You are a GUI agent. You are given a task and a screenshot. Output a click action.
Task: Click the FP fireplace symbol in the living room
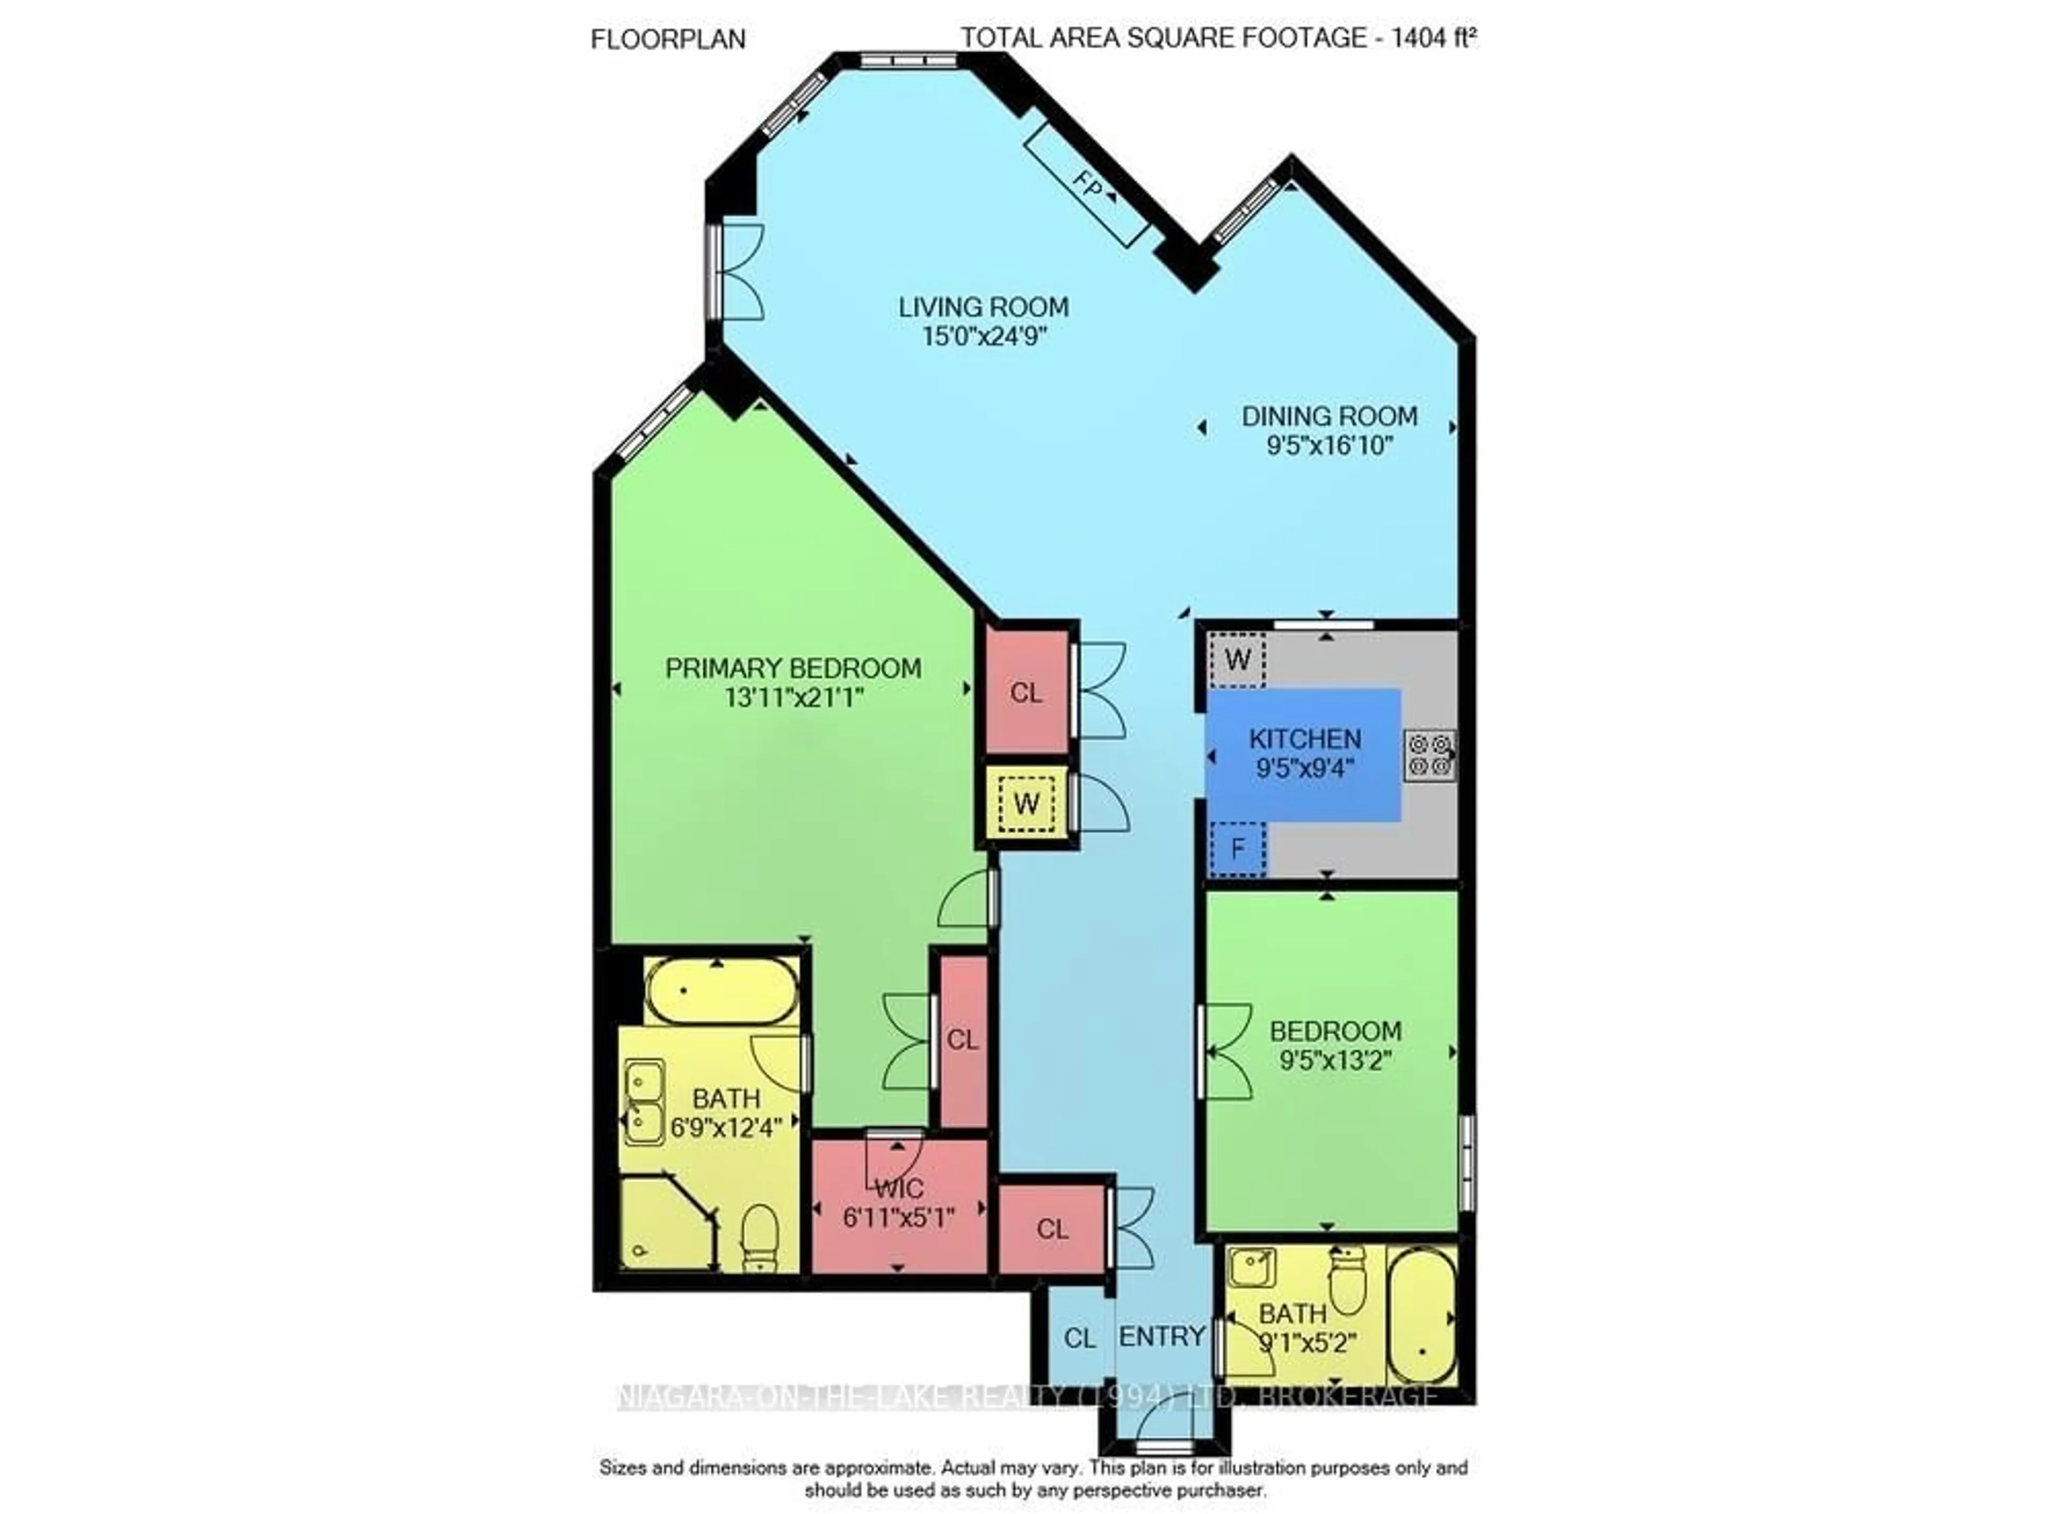click(x=1087, y=186)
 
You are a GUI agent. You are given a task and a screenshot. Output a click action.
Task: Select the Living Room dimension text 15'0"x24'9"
click(x=984, y=335)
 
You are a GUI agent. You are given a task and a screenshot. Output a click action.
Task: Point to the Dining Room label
click(x=1329, y=416)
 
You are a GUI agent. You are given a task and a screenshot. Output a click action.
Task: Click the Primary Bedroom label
click(x=793, y=668)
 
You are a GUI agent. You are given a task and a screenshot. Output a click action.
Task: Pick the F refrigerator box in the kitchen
click(x=1237, y=848)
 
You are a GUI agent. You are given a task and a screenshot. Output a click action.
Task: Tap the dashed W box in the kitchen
click(x=1237, y=659)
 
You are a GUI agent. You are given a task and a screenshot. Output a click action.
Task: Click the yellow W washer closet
click(x=1026, y=804)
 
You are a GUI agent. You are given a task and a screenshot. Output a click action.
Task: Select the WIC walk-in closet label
click(x=899, y=1189)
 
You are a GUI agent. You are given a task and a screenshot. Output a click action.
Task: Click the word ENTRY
click(x=1161, y=1336)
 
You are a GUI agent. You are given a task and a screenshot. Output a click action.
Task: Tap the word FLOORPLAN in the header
click(x=668, y=40)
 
